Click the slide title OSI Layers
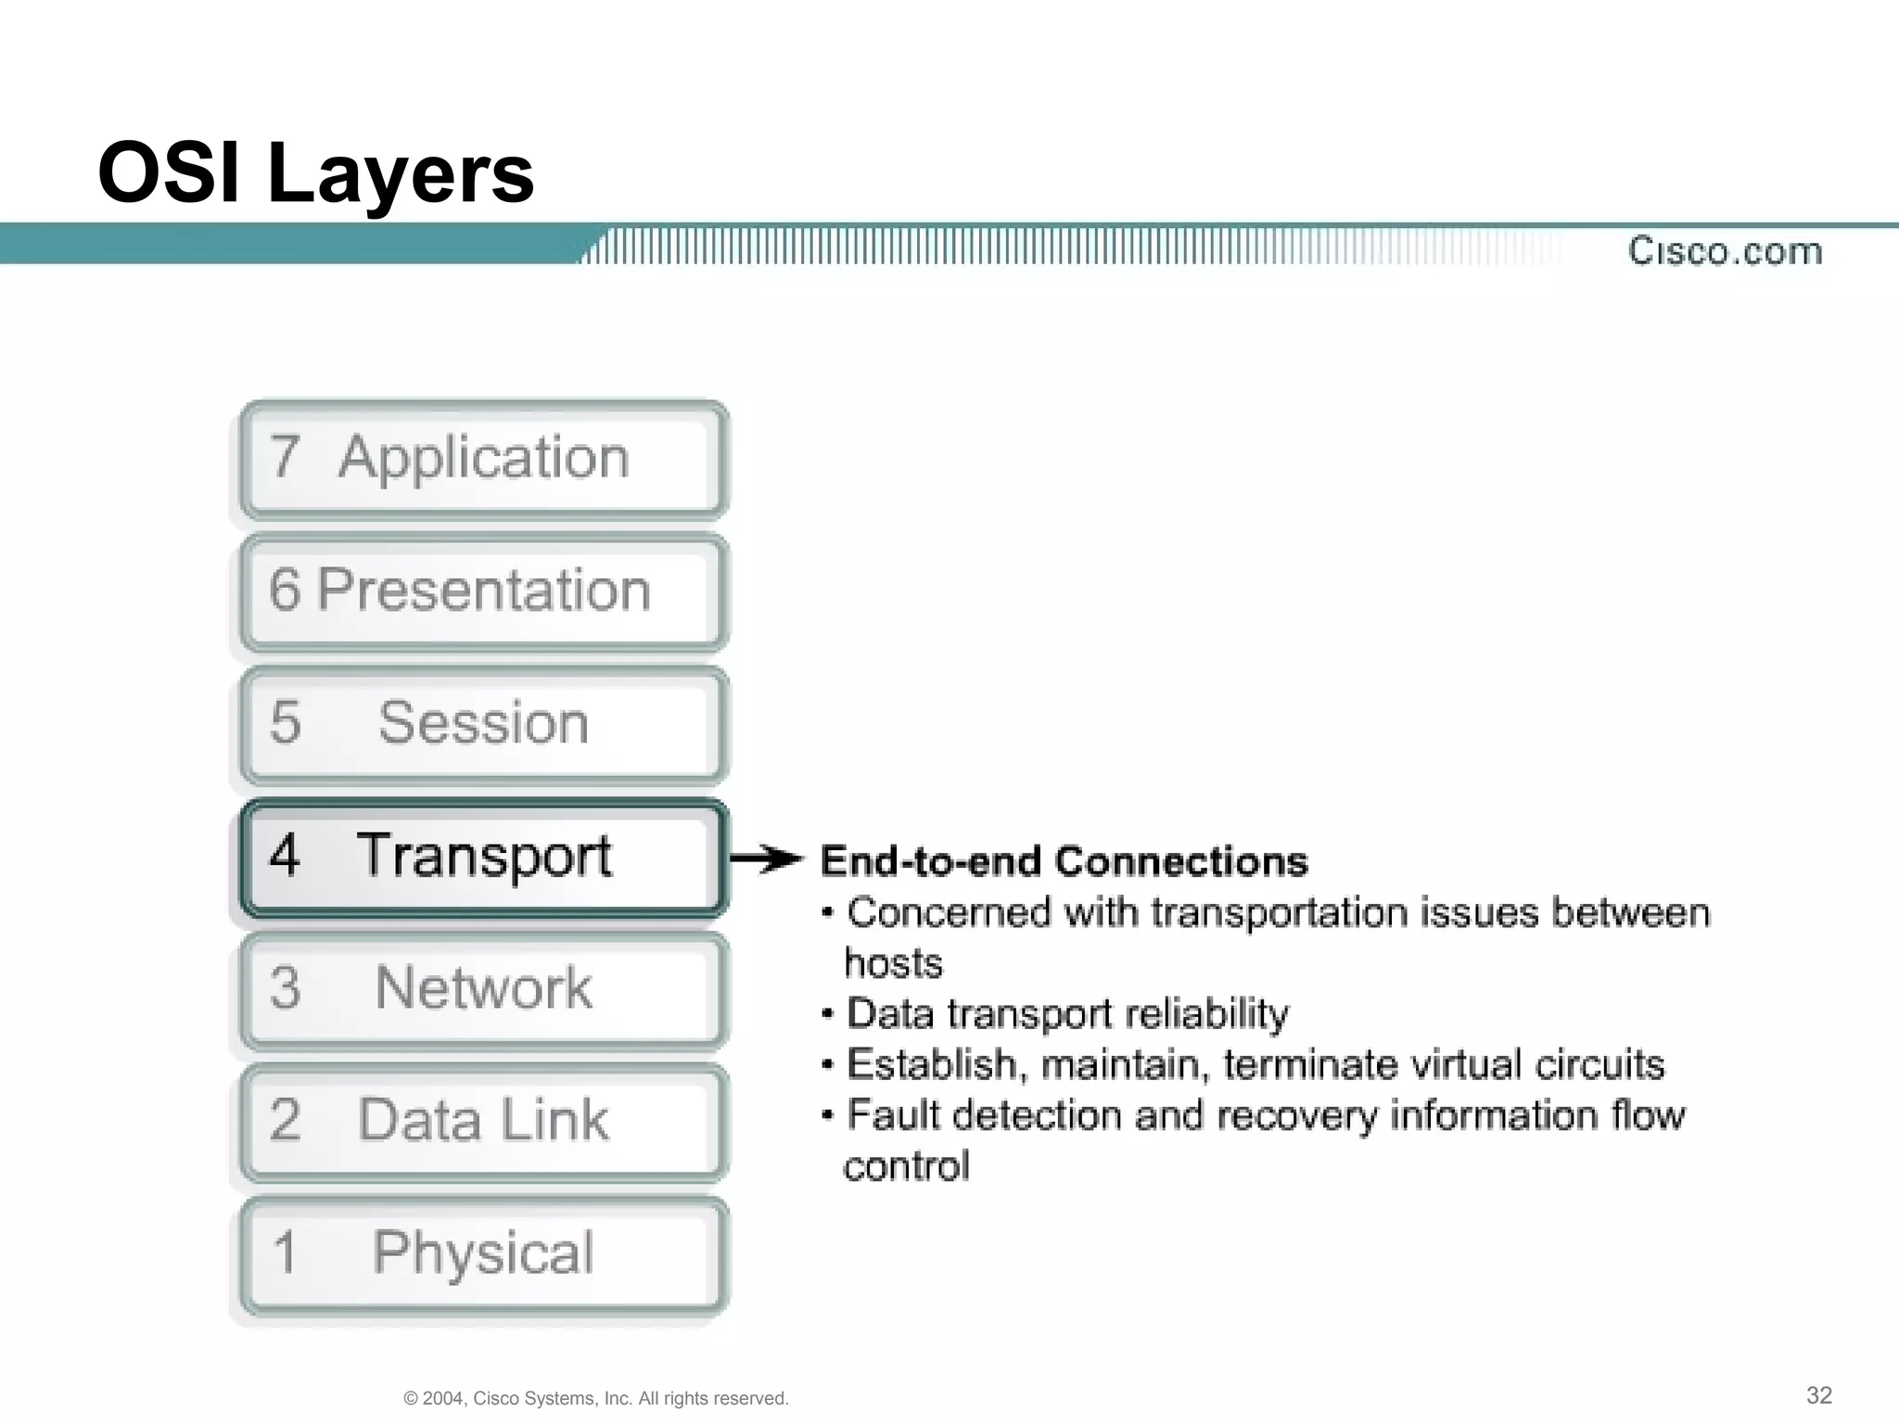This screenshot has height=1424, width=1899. tap(316, 173)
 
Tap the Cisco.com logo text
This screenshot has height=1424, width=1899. tap(1725, 251)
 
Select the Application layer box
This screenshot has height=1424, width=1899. tap(482, 459)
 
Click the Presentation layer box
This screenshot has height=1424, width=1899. tap(482, 591)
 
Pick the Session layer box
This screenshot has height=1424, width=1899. tap(482, 724)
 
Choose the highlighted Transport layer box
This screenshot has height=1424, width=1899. tap(482, 857)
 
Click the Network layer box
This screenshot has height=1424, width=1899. tap(482, 989)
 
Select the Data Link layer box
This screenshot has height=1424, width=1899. tap(482, 1121)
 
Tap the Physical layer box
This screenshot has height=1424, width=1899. tap(482, 1253)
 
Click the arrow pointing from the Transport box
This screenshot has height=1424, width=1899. tap(765, 859)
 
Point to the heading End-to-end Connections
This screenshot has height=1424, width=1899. tap(1064, 861)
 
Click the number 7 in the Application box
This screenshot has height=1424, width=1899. tap(285, 457)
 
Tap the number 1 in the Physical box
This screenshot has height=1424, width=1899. tap(285, 1252)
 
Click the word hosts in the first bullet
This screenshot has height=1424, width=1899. tap(893, 963)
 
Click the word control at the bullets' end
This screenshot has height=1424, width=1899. tap(906, 1166)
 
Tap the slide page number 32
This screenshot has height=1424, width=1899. tap(1818, 1395)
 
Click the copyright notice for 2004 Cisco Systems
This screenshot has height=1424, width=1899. tap(596, 1398)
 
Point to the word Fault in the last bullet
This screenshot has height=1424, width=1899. tap(894, 1115)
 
